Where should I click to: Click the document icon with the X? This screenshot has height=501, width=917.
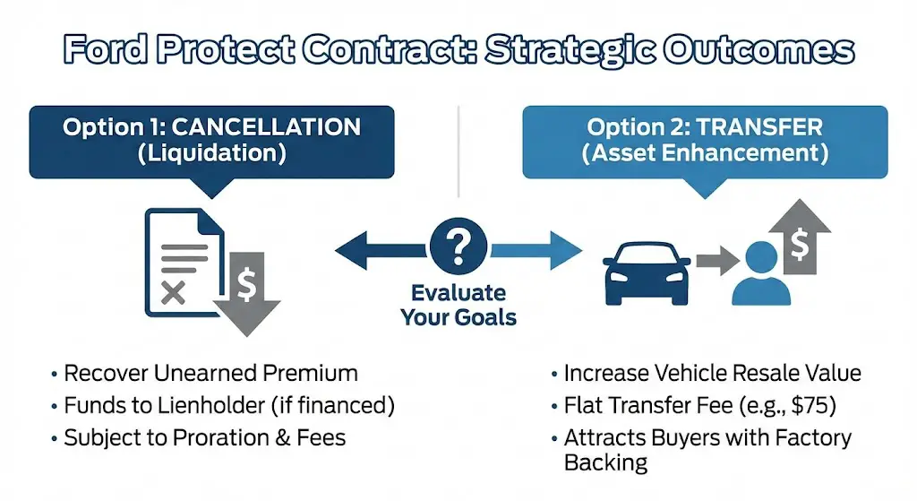(178, 262)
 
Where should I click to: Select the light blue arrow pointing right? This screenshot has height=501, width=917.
(536, 248)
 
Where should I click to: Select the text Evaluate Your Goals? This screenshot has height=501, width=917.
(458, 305)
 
